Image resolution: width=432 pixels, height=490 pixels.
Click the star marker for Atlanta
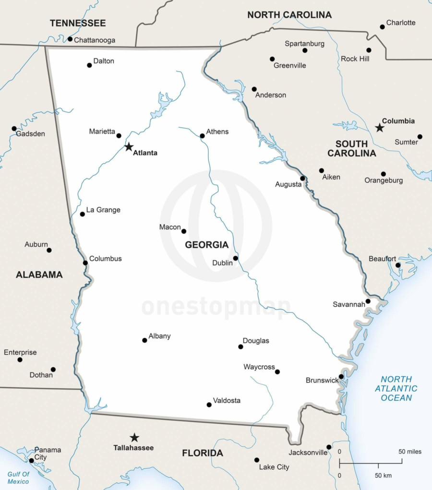pos(129,147)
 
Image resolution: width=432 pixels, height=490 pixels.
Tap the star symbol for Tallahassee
pos(134,437)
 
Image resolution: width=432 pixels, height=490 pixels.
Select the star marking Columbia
pos(379,128)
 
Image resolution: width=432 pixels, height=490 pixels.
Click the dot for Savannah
pos(368,301)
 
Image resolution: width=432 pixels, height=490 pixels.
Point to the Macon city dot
pos(184,231)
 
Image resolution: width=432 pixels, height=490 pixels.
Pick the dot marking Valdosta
pos(209,405)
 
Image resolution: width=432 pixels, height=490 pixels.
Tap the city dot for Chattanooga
pos(70,39)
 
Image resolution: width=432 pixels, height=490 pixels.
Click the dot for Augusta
pos(302,179)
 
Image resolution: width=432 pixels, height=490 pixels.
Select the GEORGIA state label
pos(207,245)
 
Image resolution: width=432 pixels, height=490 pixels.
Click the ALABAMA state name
pos(39,275)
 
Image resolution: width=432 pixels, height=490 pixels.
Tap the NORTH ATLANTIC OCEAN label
pos(396,388)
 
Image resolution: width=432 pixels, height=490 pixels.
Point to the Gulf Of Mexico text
pos(18,478)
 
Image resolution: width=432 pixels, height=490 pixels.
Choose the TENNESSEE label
pos(78,23)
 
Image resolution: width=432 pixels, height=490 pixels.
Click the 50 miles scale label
pos(410,452)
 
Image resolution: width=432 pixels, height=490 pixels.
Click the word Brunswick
pos(322,380)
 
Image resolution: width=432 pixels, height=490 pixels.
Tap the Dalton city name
pos(104,61)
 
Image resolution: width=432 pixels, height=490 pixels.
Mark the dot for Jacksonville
pos(329,447)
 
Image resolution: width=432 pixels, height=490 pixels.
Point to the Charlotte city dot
pos(382,27)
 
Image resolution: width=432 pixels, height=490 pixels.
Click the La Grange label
pos(103,210)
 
